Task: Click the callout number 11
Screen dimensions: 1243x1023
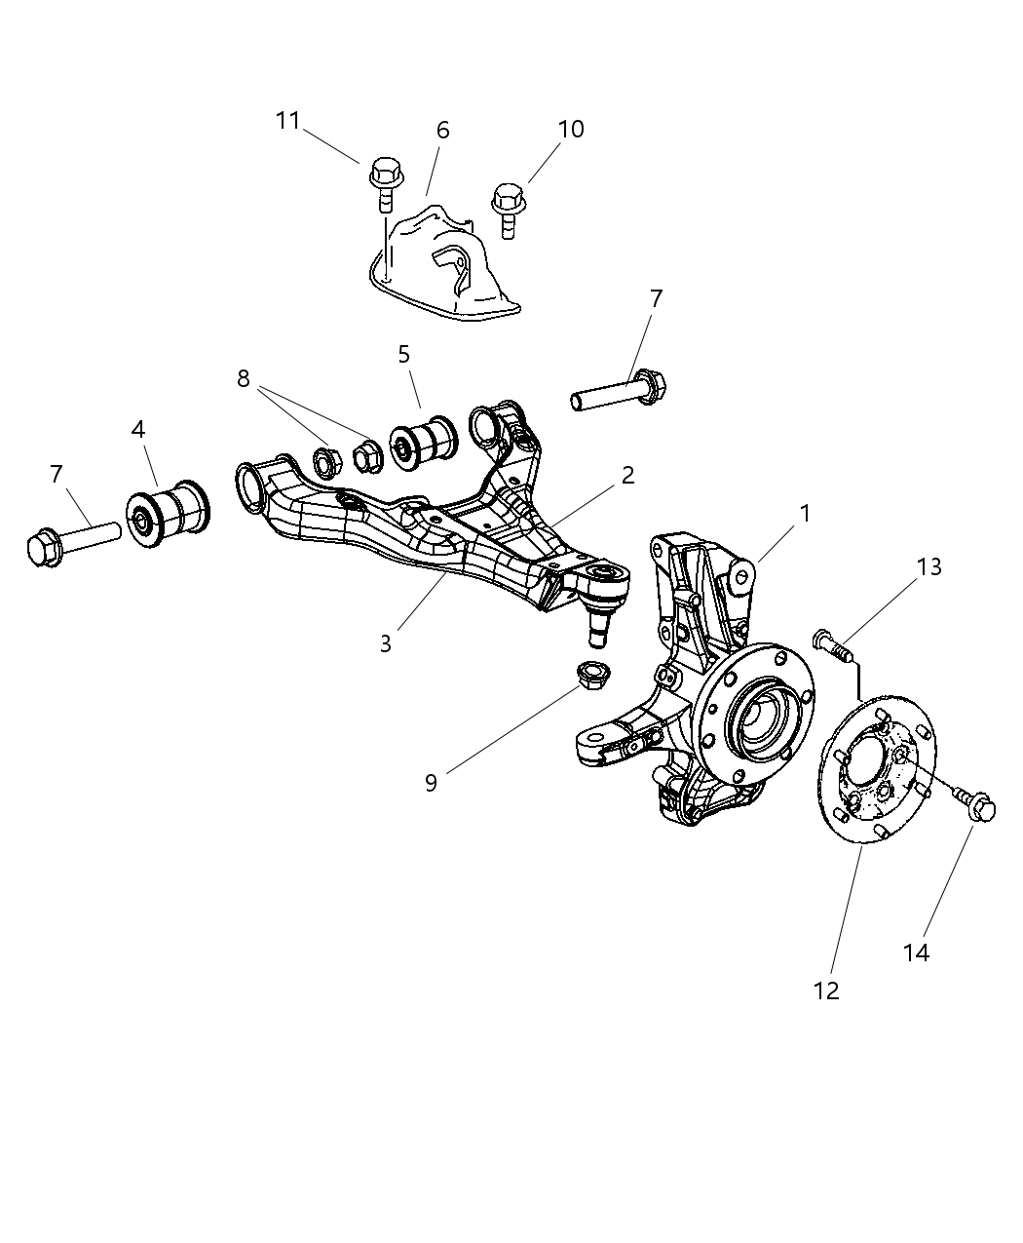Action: (287, 121)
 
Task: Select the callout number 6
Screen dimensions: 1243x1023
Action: (442, 131)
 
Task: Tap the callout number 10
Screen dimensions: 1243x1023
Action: (571, 129)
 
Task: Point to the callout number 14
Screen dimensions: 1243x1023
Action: (916, 952)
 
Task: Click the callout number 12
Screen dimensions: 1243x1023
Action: (826, 991)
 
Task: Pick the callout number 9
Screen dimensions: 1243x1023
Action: (431, 783)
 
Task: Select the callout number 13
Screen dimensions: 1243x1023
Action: (929, 566)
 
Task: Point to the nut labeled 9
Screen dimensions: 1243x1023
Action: (589, 675)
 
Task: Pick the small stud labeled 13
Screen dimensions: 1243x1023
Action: (830, 644)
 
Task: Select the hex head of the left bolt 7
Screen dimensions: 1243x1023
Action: (44, 547)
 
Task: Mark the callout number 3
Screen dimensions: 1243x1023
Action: (386, 644)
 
